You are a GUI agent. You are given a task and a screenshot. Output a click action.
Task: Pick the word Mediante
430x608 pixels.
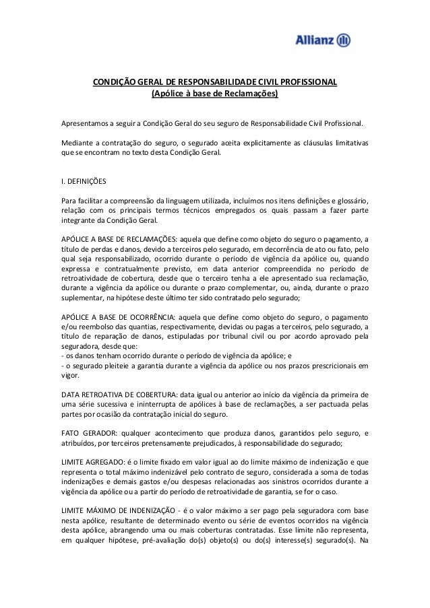(76, 143)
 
